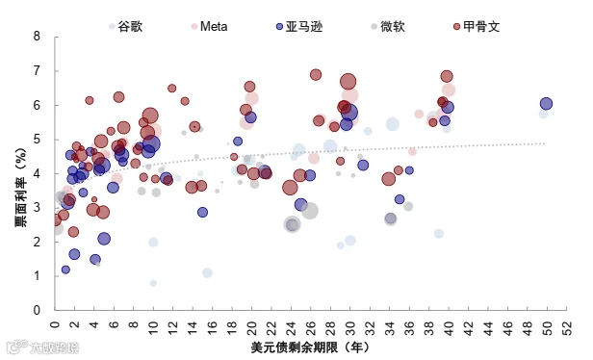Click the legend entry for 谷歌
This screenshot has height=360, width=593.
[125, 27]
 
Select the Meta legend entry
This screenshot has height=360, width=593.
[209, 27]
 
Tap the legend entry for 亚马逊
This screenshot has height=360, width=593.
[299, 27]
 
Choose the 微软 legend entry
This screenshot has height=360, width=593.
[388, 27]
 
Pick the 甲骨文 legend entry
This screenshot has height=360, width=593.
[477, 27]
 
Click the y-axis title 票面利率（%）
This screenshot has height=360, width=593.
[21, 187]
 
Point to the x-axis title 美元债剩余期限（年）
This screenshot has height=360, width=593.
[310, 347]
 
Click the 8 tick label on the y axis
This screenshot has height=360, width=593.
[37, 37]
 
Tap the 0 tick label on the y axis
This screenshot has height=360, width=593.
[37, 310]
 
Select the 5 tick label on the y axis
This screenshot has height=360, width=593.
[37, 140]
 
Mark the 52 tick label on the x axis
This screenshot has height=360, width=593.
[567, 327]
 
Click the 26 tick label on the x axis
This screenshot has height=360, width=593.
[311, 327]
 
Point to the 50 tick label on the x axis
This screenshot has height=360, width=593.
[547, 327]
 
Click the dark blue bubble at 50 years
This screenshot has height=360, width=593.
[546, 104]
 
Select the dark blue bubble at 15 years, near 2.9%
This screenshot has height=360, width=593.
[202, 212]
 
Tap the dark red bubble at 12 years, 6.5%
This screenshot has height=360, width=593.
[172, 89]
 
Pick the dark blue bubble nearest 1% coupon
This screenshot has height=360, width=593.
[65, 270]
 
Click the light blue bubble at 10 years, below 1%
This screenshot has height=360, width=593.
[153, 283]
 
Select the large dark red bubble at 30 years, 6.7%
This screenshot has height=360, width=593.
[348, 82]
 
